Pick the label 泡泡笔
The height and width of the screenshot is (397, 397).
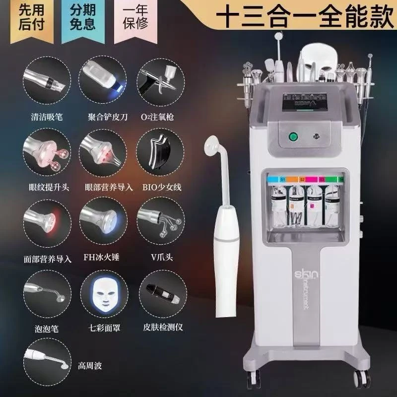[41, 329]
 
